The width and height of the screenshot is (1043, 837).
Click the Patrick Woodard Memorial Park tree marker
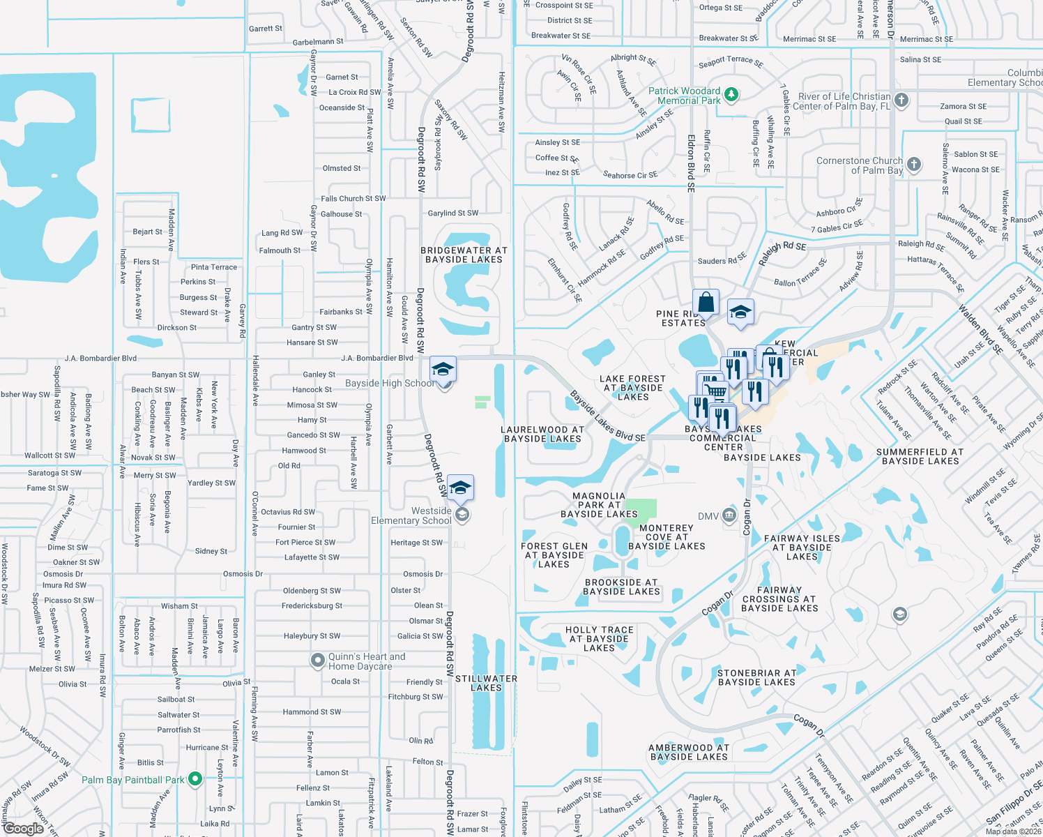731,94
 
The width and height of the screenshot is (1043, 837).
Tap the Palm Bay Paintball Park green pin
195,778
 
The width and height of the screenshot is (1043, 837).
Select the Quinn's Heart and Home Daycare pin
318,659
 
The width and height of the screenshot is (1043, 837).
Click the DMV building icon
729,515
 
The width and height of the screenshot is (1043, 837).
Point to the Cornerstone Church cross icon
914,165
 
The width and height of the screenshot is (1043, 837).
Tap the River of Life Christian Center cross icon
901,100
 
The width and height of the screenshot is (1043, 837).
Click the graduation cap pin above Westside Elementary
460,488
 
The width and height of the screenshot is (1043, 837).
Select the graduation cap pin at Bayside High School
443,369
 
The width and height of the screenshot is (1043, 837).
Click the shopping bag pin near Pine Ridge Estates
706,303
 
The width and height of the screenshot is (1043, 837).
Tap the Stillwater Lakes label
486,683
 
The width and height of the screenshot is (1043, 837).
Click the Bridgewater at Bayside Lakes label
464,255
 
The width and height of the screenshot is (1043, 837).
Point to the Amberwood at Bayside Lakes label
689,752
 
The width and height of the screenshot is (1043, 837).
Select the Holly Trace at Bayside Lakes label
599,638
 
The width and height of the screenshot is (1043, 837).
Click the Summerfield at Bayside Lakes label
920,456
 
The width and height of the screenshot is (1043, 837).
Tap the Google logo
23,829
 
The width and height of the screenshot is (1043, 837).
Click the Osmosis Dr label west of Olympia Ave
243,574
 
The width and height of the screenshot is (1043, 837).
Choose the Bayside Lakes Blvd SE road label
607,416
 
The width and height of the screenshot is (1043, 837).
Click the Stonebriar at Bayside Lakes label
756,677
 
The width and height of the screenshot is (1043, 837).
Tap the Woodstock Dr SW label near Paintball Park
45,746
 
